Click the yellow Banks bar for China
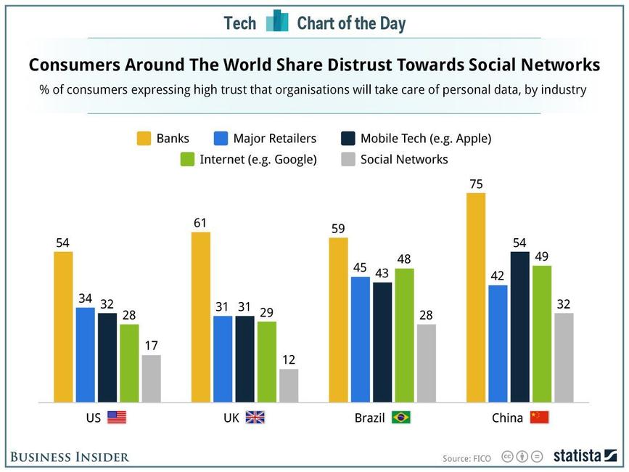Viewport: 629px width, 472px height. pyautogui.click(x=476, y=297)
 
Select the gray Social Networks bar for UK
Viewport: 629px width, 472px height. pyautogui.click(x=289, y=386)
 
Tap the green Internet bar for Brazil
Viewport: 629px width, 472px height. pyautogui.click(x=404, y=335)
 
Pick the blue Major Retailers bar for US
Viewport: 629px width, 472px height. pyautogui.click(x=86, y=354)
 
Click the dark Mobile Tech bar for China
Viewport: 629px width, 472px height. pyautogui.click(x=519, y=327)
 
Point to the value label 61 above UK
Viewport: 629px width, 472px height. pyautogui.click(x=200, y=222)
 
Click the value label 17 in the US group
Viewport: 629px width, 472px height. pyautogui.click(x=151, y=346)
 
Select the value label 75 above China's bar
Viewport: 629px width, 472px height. pyautogui.click(x=476, y=184)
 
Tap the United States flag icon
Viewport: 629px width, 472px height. pyautogui.click(x=117, y=418)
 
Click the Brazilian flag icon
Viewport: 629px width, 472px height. pyautogui.click(x=401, y=418)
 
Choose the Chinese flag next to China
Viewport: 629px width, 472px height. pyautogui.click(x=539, y=418)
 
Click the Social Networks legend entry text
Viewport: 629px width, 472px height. pyautogui.click(x=404, y=159)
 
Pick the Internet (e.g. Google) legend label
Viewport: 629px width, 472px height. pyautogui.click(x=258, y=159)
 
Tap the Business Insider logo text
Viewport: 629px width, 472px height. pyautogui.click(x=70, y=457)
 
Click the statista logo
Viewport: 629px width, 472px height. pyautogui.click(x=585, y=456)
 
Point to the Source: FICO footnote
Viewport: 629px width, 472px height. pyautogui.click(x=466, y=458)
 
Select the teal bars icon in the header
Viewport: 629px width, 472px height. pyautogui.click(x=276, y=22)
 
